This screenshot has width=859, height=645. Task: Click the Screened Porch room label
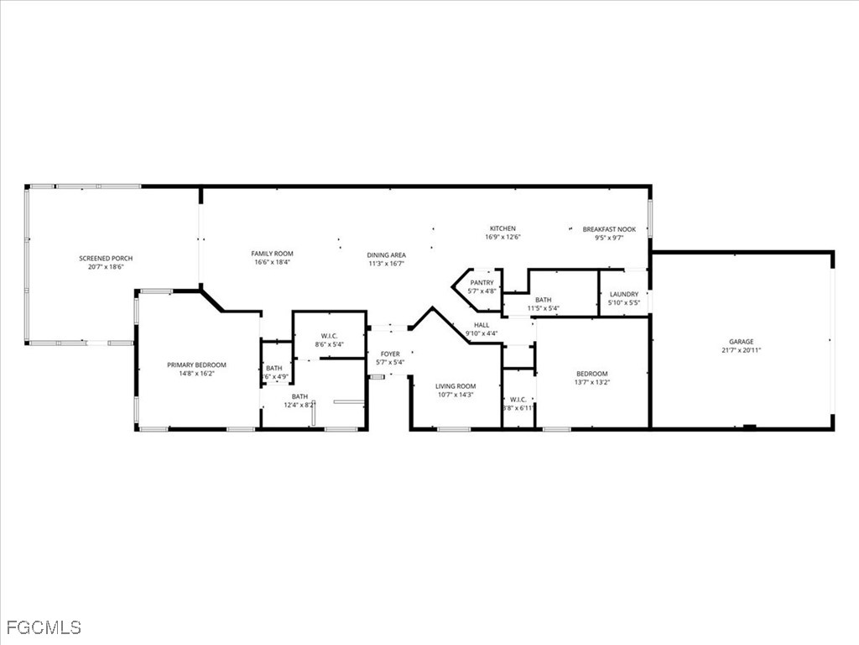tap(106, 258)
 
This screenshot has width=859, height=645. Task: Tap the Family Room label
tap(272, 254)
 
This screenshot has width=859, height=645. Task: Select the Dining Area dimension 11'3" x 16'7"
tap(386, 264)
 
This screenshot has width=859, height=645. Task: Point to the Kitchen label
tap(502, 228)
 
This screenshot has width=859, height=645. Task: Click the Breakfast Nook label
tap(609, 228)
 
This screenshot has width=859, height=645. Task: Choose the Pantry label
tap(482, 283)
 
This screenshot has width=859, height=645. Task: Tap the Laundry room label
tap(623, 294)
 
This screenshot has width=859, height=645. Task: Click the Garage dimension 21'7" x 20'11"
tap(741, 350)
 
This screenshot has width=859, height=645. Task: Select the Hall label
tap(482, 325)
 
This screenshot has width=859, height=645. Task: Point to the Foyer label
tap(390, 354)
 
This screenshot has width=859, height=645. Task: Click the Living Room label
tap(456, 386)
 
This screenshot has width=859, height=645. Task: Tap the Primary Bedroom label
tap(196, 364)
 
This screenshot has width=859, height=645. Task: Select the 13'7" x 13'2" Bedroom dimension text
tap(592, 382)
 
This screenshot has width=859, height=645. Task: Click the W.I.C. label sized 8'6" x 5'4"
tap(329, 335)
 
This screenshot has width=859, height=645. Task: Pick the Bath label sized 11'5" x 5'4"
tap(543, 300)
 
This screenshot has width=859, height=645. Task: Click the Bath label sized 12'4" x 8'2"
tap(299, 396)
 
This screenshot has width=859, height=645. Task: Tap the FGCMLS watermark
tap(44, 627)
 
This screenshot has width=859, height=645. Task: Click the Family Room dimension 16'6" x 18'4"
tap(272, 263)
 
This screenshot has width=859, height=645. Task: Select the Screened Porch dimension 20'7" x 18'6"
tap(106, 267)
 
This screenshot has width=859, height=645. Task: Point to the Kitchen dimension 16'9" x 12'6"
tap(502, 237)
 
